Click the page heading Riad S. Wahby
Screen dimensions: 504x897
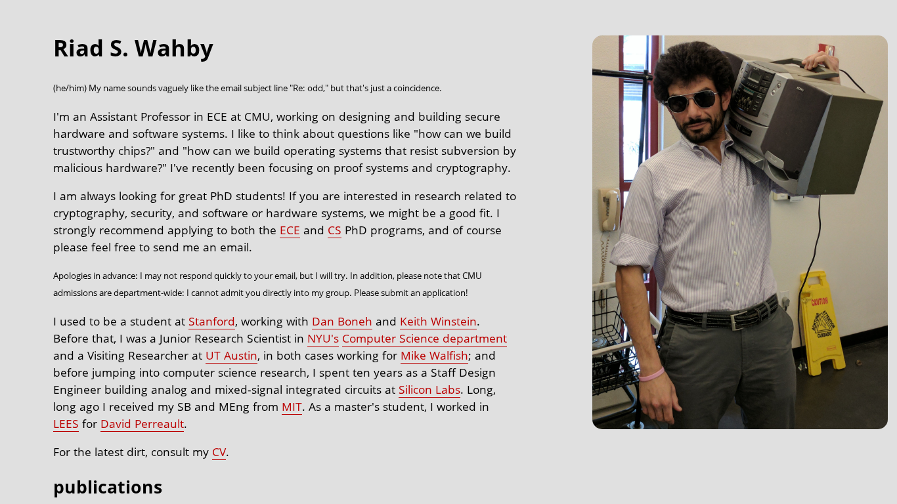133,49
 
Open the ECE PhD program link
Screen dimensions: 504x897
290,230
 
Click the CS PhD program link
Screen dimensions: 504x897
334,230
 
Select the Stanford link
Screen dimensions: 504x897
211,322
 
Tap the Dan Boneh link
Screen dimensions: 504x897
341,322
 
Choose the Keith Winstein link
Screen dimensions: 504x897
438,322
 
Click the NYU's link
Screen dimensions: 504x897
322,339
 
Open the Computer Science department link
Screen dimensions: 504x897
424,339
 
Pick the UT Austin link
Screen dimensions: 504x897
231,356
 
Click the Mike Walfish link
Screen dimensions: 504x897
434,356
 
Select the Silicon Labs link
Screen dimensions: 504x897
429,390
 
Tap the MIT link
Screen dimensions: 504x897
292,407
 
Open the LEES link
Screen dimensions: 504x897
66,424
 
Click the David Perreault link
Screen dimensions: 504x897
142,424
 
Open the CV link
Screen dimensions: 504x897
219,452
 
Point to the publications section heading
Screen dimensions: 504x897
108,487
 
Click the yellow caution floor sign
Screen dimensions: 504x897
821,322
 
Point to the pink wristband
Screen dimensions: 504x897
651,375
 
